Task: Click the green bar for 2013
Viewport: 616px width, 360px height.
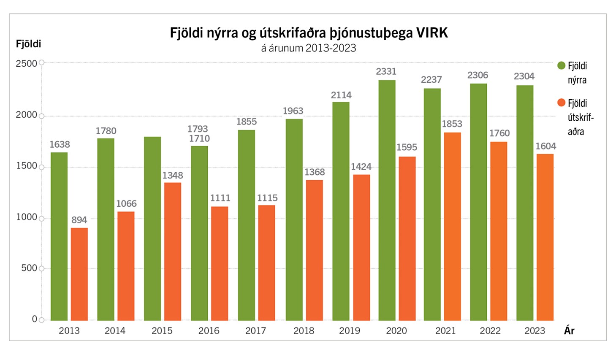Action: coord(59,236)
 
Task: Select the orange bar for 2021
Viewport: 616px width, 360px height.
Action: coord(452,226)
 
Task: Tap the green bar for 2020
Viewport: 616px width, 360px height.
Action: coord(387,200)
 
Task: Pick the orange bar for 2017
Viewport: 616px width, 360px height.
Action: coord(266,263)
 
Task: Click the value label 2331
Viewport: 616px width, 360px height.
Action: coord(386,72)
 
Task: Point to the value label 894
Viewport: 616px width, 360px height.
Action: coord(79,220)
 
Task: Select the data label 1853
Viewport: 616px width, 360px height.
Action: coord(452,124)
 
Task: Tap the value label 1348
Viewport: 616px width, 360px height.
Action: coord(173,176)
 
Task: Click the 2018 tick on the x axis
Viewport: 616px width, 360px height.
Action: coord(304,331)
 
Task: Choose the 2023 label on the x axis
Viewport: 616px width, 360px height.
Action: coord(535,331)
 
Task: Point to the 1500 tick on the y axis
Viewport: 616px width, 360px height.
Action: coord(27,166)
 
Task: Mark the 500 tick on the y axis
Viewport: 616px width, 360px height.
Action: coord(29,268)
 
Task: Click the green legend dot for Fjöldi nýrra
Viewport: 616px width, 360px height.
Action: coord(561,65)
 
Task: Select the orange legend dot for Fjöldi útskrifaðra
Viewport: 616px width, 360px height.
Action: coord(561,103)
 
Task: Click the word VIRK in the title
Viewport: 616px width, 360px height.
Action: coord(432,33)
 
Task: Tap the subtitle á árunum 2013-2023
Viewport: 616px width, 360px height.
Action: coord(308,48)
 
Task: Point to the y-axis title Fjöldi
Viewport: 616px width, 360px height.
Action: coord(28,44)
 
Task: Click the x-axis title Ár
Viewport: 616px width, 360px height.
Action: coord(569,331)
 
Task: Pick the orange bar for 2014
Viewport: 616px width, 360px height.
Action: coord(126,266)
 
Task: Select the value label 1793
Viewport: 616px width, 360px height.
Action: coord(198,129)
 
